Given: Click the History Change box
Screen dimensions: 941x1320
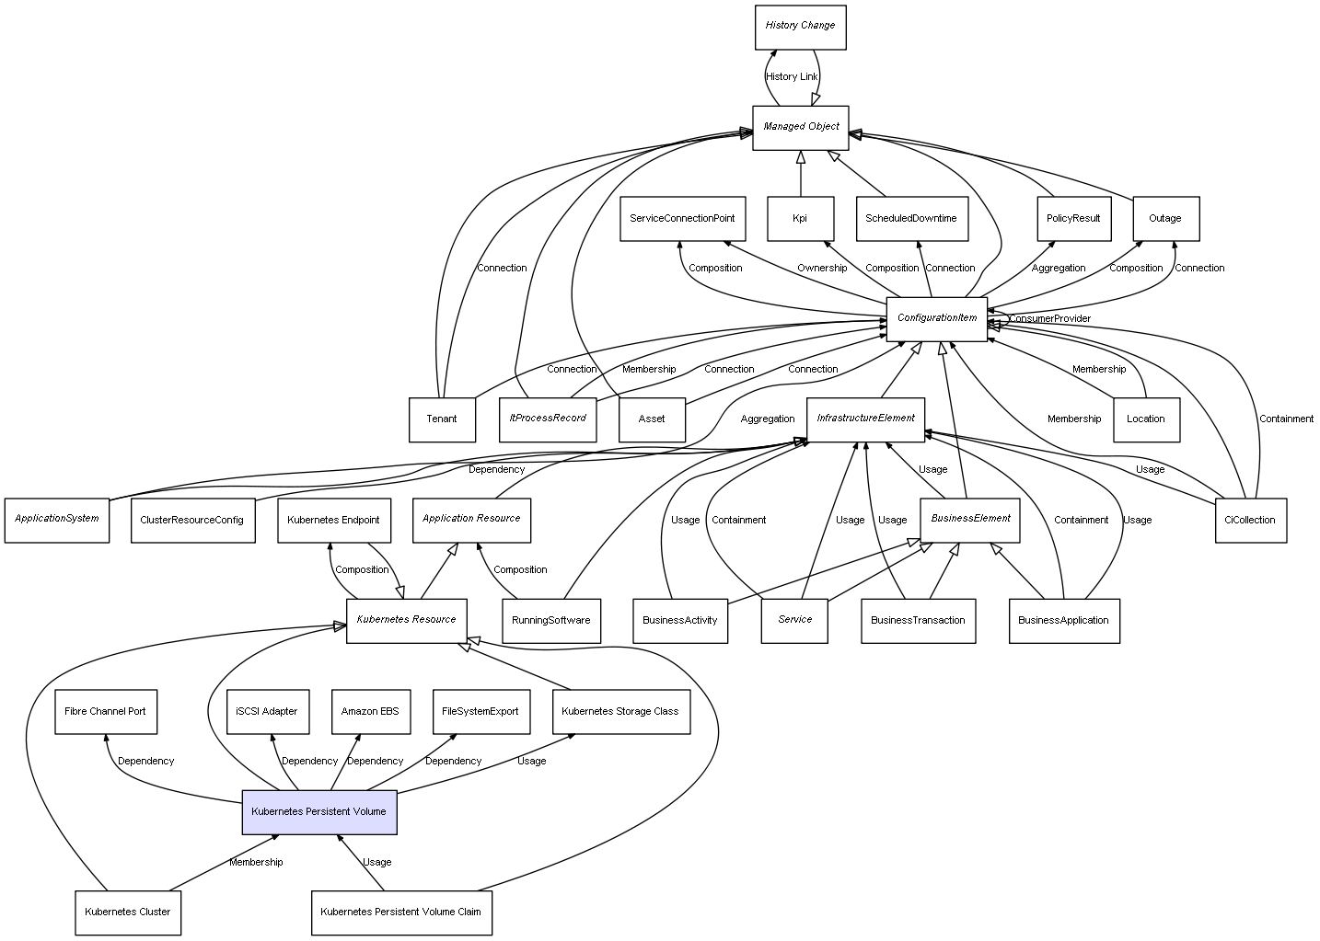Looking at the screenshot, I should coord(799,27).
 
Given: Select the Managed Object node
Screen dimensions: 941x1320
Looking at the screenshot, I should coord(801,127).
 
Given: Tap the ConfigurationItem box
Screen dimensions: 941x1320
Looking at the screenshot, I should coord(936,318).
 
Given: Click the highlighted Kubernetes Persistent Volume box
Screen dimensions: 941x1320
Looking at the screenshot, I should coord(318,811).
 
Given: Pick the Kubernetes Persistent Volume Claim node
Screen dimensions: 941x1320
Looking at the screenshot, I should coord(400,912).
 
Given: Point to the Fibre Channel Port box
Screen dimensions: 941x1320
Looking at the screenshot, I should coord(105,711).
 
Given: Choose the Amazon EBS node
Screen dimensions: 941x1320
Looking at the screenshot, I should coord(370,711).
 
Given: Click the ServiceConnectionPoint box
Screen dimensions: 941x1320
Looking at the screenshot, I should coord(682,219).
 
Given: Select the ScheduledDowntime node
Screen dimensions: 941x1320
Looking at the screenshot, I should coord(911,219).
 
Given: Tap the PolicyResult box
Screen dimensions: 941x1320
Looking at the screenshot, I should coord(1073,219).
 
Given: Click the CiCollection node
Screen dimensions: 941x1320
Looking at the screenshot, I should coord(1250,520).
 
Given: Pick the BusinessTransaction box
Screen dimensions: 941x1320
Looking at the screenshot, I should coord(918,620).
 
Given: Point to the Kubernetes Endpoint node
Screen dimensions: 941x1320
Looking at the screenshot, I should coord(333,520).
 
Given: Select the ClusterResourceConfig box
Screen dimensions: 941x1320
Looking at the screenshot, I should coord(191,520).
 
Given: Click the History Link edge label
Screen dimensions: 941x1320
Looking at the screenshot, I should coord(792,77).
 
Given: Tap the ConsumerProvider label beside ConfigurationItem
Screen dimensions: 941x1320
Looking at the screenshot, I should coord(1050,319).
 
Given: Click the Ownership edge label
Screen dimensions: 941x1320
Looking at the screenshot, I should coord(822,269).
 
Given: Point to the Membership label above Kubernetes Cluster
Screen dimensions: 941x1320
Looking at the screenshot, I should coord(256,863).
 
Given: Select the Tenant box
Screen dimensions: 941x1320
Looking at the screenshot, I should coord(442,419).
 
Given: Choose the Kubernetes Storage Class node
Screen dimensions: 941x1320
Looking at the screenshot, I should coord(620,711).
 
